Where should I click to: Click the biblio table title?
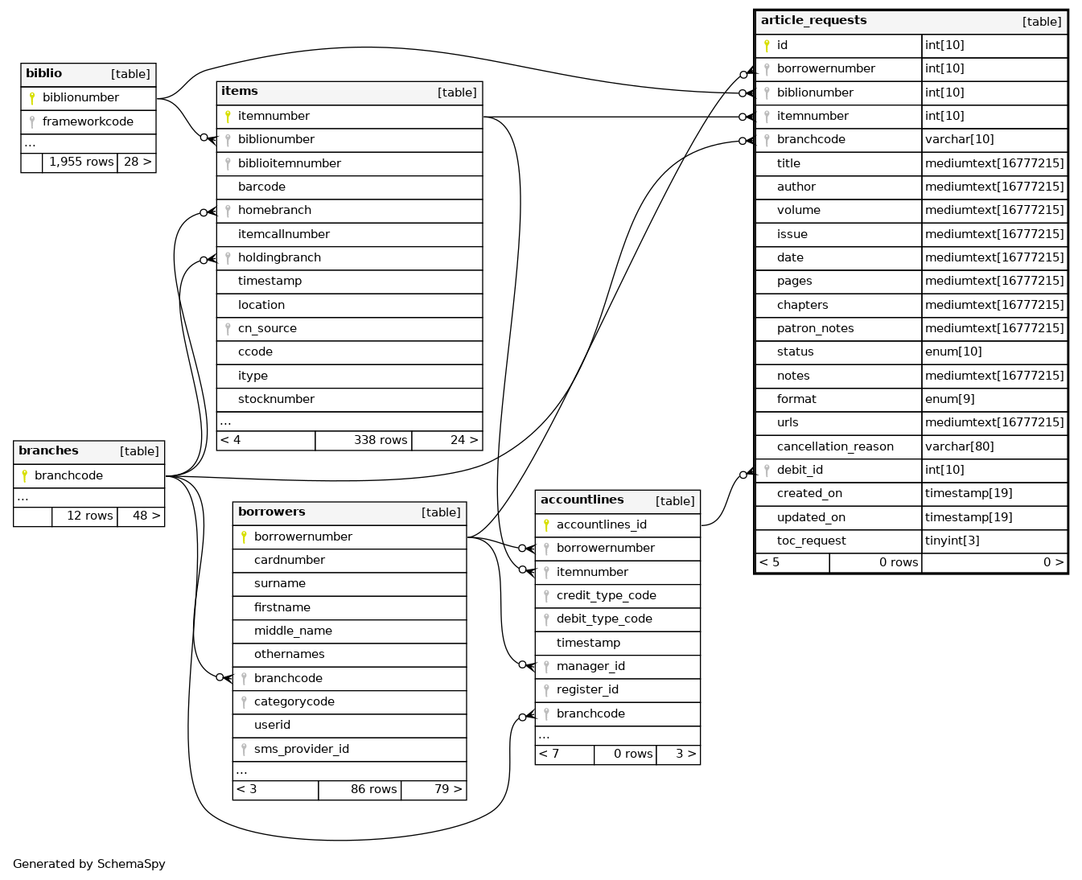44,74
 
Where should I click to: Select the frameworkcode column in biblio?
88,121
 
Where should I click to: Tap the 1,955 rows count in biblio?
80,162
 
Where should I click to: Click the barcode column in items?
261,187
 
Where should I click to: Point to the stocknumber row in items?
276,399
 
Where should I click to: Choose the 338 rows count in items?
380,440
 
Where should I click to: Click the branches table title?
48,451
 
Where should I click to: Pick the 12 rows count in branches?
89,516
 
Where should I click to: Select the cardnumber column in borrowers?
290,560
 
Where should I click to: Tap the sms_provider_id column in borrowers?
302,749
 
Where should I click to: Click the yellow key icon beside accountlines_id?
546,524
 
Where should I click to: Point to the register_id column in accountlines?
587,689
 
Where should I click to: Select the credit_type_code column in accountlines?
606,595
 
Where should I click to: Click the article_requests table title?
813,21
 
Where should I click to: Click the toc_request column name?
811,541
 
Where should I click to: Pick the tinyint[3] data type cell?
952,541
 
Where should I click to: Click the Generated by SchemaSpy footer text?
89,864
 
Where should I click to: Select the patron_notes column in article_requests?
815,328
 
